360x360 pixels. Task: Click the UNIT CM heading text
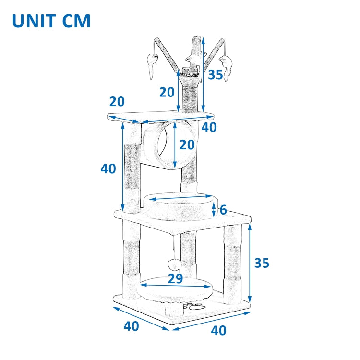pyautogui.click(x=51, y=21)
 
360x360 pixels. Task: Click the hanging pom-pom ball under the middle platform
pyautogui.click(x=174, y=264)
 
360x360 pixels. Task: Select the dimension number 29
pyautogui.click(x=175, y=278)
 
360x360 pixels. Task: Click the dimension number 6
pyautogui.click(x=223, y=210)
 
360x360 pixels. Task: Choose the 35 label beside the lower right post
pyautogui.click(x=262, y=263)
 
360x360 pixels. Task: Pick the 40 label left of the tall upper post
pyautogui.click(x=108, y=168)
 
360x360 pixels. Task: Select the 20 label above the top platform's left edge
pyautogui.click(x=117, y=102)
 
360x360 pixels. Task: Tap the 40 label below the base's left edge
pyautogui.click(x=131, y=326)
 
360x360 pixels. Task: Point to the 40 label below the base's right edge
pyautogui.click(x=218, y=330)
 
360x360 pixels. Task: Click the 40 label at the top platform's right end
pyautogui.click(x=209, y=127)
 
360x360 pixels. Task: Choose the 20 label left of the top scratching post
pyautogui.click(x=167, y=92)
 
